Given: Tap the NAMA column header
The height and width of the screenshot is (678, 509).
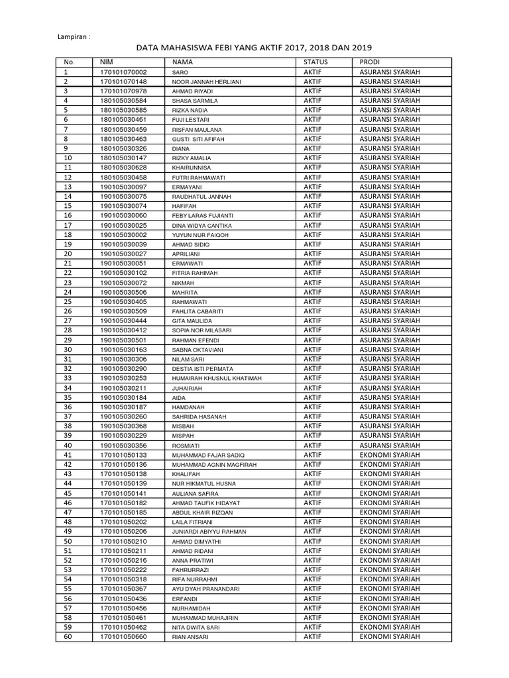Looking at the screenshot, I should tap(182, 62).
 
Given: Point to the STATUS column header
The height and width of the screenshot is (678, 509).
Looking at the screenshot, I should tap(315, 62).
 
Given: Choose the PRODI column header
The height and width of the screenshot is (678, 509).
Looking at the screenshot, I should tap(370, 62).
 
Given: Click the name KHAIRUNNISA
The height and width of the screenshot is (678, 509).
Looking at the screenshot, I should tap(192, 168).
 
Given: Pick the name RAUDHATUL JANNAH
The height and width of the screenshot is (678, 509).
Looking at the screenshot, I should tap(201, 197).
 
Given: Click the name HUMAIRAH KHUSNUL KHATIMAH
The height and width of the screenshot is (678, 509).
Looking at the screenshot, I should tap(217, 379).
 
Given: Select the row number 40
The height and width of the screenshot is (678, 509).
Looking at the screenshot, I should tap(68, 446).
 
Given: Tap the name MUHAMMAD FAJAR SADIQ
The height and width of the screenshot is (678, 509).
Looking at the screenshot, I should tap(208, 456).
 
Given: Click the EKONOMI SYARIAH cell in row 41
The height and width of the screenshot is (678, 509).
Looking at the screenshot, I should tap(390, 455).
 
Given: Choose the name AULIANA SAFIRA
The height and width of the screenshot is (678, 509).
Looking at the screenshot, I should tap(196, 494).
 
